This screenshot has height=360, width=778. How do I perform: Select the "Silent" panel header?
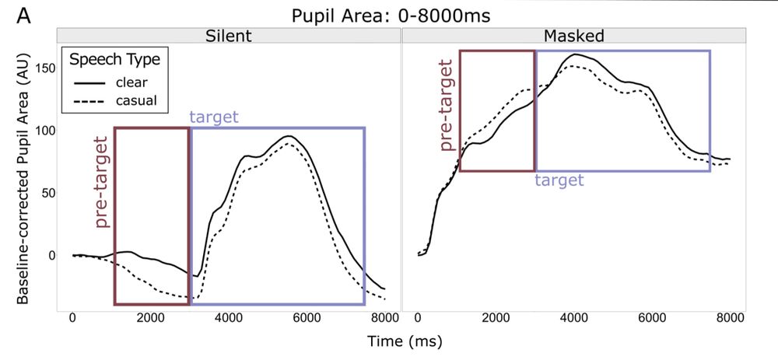coord(228,36)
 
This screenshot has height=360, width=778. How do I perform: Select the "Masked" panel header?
coord(574,36)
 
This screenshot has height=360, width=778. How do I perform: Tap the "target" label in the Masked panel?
coord(559,180)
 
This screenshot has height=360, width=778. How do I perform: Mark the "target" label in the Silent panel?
coord(214,117)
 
